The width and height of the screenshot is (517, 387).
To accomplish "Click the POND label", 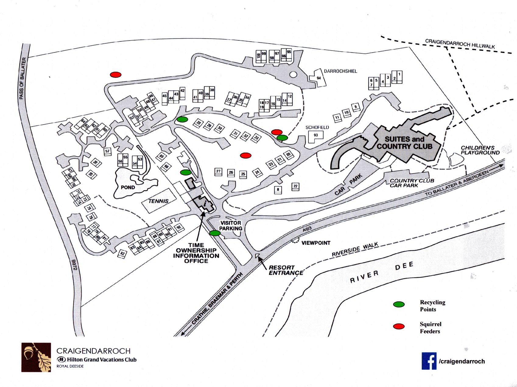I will [x=128, y=187].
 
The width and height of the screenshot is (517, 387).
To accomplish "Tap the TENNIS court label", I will [x=158, y=201].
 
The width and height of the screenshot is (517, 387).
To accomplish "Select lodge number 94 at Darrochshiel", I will [x=318, y=78].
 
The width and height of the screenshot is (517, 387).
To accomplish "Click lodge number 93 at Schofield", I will [x=316, y=135].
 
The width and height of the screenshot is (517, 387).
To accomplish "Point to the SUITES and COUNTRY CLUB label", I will [x=404, y=143].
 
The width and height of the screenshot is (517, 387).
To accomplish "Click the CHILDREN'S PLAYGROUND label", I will [x=480, y=150].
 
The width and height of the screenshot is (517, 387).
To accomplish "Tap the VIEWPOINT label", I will [x=316, y=243].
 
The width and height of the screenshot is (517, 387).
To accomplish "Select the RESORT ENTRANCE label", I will [x=286, y=270].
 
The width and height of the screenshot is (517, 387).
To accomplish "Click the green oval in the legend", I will [x=399, y=304].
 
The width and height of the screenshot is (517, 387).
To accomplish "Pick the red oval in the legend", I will [x=399, y=327].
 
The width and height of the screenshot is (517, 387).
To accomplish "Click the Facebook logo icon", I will [x=429, y=361].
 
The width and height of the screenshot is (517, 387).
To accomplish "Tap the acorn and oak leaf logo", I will [x=36, y=358].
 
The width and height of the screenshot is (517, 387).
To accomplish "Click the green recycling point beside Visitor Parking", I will [x=215, y=233].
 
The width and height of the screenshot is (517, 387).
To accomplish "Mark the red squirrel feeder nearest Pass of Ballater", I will [x=116, y=74].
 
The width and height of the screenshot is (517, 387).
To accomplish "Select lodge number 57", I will [x=107, y=151].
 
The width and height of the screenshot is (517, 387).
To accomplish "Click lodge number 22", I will [x=295, y=186].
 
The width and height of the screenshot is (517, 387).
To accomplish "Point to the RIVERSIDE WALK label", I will [x=355, y=249].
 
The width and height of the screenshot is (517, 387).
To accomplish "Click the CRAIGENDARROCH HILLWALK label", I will [x=460, y=43].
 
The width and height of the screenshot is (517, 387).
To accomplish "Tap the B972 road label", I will [x=74, y=264].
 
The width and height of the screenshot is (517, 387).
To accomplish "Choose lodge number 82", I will [x=122, y=254].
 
